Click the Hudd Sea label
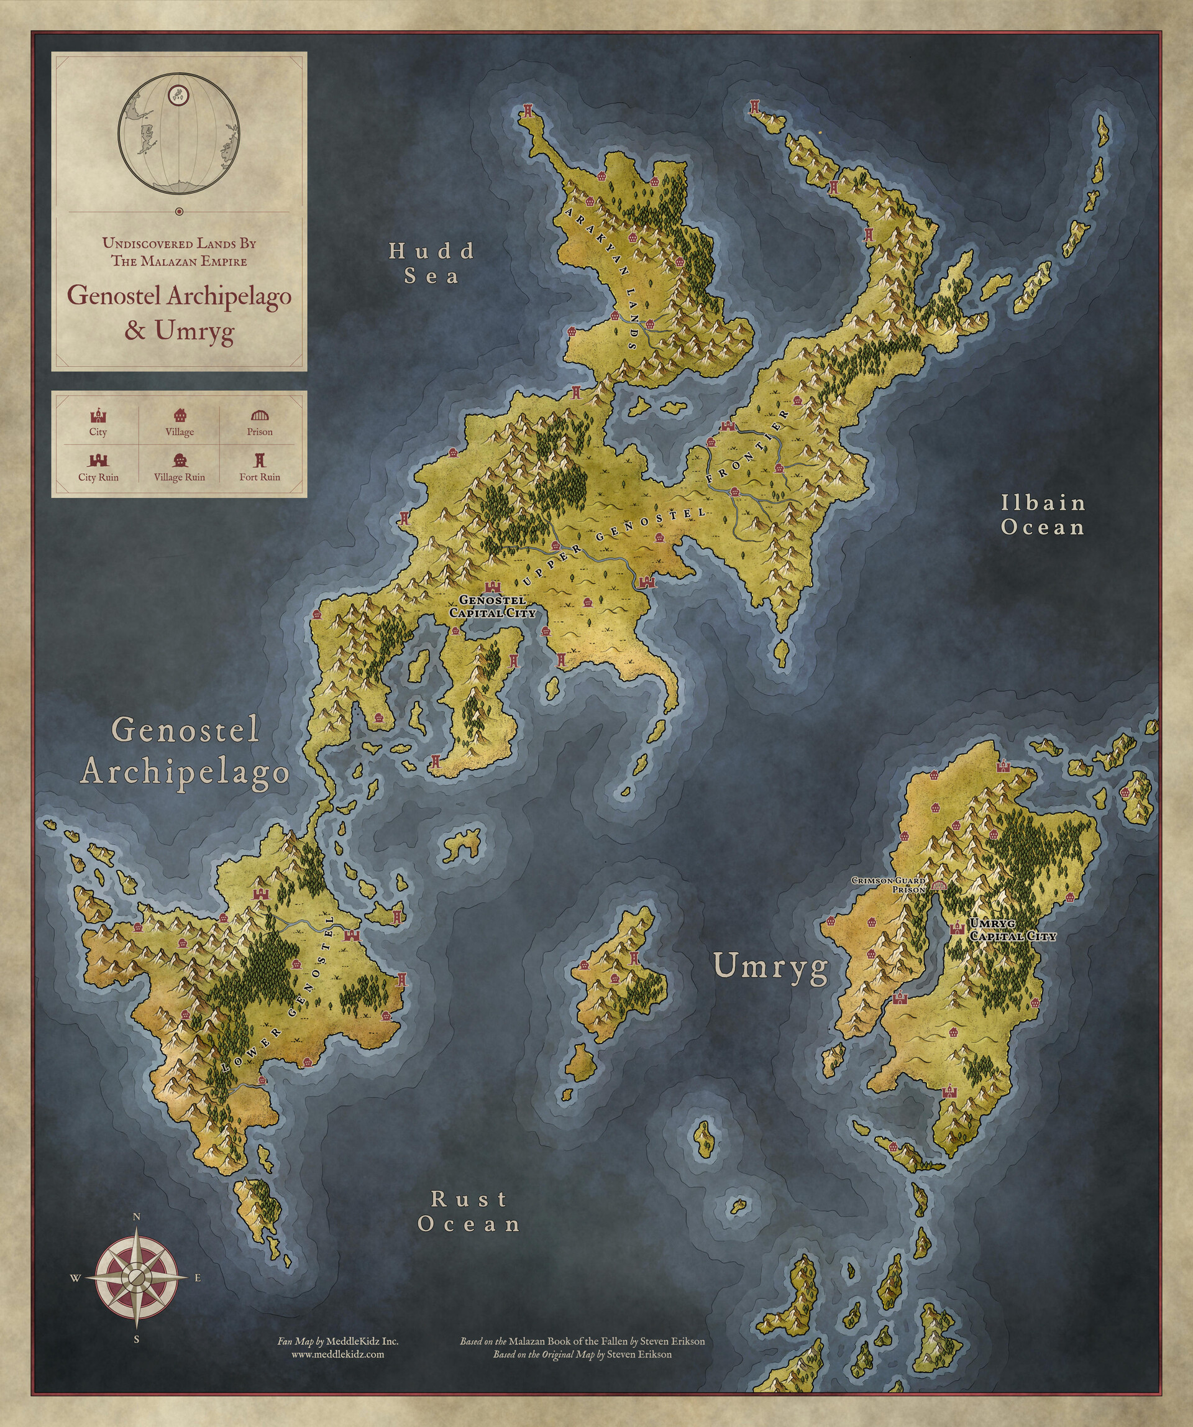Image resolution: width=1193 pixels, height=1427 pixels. point(432,264)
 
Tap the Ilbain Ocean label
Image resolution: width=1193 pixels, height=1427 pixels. point(1043,515)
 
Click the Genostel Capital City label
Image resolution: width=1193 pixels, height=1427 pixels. point(493,607)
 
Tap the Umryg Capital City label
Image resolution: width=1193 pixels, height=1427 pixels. point(1013,930)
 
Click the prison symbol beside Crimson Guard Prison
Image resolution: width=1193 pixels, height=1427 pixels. point(939,885)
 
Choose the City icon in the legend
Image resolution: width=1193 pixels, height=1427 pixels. point(99,416)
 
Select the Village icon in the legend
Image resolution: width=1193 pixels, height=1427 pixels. point(180,416)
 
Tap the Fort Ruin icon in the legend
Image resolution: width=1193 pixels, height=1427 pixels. point(260,461)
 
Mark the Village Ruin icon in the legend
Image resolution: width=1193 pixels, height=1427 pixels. point(180,461)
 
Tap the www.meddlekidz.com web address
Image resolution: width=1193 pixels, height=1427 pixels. point(337,1354)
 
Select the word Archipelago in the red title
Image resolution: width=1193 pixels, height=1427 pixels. point(228,297)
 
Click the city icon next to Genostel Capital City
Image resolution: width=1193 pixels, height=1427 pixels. point(492,587)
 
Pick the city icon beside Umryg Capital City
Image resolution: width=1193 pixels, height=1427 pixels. point(958,927)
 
